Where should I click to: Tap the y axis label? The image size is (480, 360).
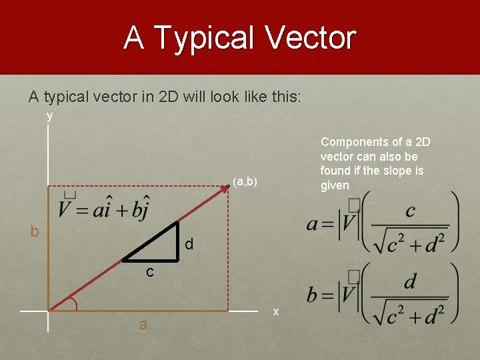coord(49,116)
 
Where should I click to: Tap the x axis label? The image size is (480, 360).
coord(276,312)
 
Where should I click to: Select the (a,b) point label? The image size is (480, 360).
coord(245,181)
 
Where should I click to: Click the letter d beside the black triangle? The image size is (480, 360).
coord(189,245)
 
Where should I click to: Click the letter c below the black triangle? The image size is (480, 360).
coord(150,271)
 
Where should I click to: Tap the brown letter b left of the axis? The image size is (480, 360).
coord(35,232)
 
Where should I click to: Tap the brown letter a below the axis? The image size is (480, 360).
coord(143,325)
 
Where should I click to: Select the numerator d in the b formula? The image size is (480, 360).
coord(409,282)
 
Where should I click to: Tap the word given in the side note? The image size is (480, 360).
coord(335,185)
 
